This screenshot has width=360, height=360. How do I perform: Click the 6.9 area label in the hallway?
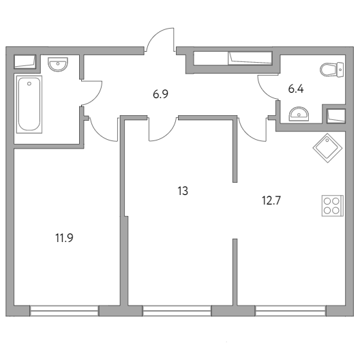[160, 94]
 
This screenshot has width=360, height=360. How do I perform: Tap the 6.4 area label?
[296, 89]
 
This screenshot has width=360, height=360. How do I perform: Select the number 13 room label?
[183, 191]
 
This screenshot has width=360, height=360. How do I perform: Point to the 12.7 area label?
[271, 200]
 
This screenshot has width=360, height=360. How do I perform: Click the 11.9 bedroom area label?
[64, 238]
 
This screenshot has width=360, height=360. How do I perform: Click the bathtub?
[29, 104]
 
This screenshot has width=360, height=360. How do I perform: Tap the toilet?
[332, 70]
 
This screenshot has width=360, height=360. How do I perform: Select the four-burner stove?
[333, 206]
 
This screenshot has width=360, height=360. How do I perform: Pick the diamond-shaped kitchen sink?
[328, 148]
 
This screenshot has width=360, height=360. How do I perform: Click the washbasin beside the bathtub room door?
[58, 64]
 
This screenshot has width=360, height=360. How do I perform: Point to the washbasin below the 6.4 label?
[299, 114]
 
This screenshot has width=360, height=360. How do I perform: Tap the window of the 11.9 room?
[64, 311]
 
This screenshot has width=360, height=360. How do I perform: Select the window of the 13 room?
[177, 311]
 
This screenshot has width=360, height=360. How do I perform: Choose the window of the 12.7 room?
[290, 311]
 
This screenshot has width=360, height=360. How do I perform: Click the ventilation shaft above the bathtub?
[25, 62]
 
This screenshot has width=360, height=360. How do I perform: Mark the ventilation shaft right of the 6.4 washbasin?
[336, 116]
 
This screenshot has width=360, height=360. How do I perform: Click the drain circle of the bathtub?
[29, 84]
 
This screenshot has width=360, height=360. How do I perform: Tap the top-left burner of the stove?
[327, 201]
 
